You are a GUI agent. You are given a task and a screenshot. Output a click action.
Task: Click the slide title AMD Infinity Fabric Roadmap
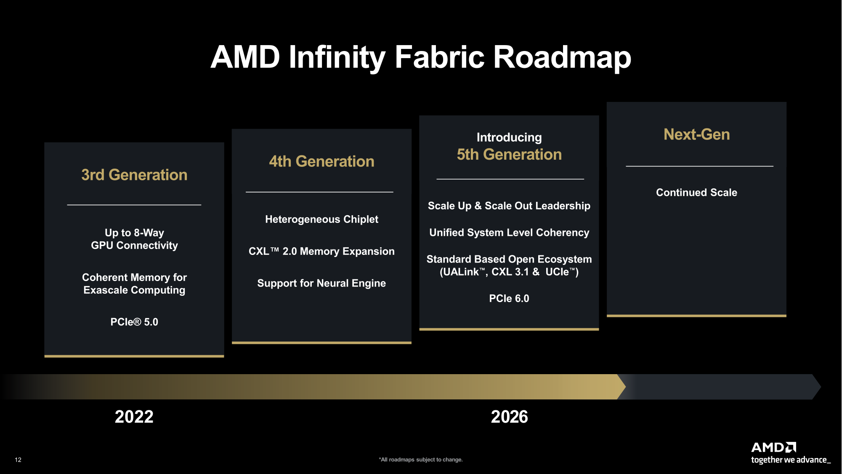pyautogui.click(x=421, y=57)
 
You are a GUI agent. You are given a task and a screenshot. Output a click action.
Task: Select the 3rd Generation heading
pyautogui.click(x=134, y=175)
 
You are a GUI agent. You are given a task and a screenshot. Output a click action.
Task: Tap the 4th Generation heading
pyautogui.click(x=321, y=161)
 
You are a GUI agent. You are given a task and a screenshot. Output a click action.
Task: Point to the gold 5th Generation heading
pyautogui.click(x=509, y=155)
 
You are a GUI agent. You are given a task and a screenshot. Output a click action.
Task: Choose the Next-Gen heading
pyautogui.click(x=696, y=134)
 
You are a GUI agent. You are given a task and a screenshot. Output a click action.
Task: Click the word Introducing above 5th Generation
pyautogui.click(x=509, y=137)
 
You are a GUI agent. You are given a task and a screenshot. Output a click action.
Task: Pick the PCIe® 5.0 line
pyautogui.click(x=134, y=322)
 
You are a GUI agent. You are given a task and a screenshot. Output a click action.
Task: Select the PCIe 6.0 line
pyautogui.click(x=509, y=298)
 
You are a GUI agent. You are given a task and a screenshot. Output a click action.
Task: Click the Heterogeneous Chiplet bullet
pyautogui.click(x=321, y=219)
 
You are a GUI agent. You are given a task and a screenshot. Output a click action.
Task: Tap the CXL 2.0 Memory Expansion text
pyautogui.click(x=321, y=251)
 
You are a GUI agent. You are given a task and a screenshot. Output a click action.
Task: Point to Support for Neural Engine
pyautogui.click(x=321, y=283)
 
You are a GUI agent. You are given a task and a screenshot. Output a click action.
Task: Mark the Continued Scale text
pyautogui.click(x=696, y=193)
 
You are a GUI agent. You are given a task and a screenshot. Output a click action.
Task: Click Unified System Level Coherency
pyautogui.click(x=509, y=233)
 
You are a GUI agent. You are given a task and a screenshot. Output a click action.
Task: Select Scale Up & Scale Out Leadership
pyautogui.click(x=509, y=206)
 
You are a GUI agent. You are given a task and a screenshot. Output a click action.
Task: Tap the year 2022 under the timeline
pyautogui.click(x=134, y=417)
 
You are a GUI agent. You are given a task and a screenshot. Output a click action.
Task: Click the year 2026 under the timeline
pyautogui.click(x=509, y=417)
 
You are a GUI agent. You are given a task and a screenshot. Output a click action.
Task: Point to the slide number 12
pyautogui.click(x=18, y=460)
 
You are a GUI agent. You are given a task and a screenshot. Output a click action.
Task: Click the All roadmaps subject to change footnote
pyautogui.click(x=421, y=460)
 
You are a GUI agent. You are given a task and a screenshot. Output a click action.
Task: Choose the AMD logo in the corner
pyautogui.click(x=773, y=447)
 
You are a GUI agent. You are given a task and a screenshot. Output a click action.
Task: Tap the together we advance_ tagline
pyautogui.click(x=791, y=460)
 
